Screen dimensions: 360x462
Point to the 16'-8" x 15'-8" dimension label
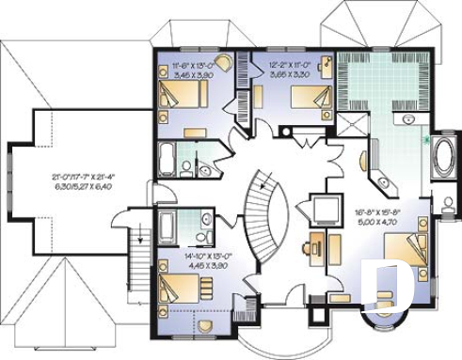coord(380,219)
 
